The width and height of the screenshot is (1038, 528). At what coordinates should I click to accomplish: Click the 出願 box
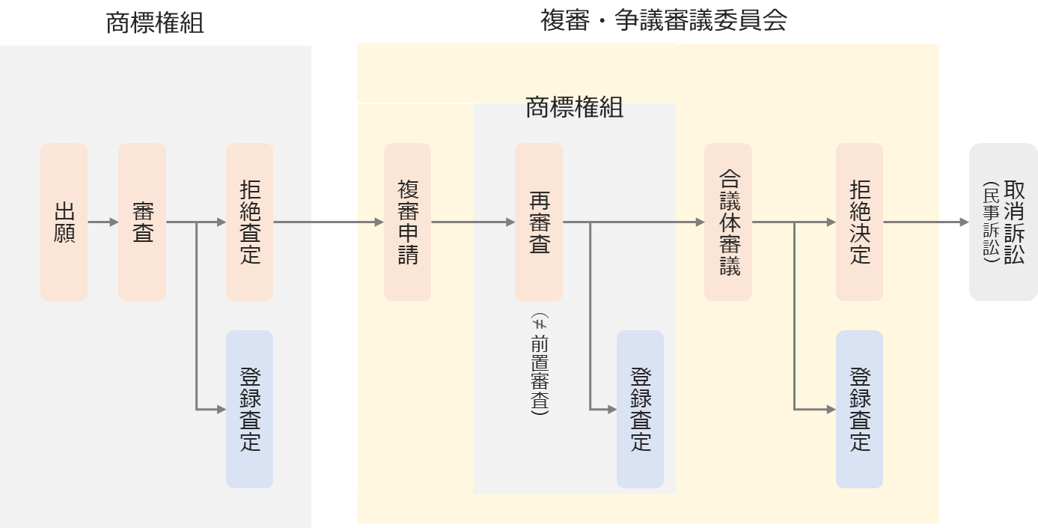pyautogui.click(x=64, y=222)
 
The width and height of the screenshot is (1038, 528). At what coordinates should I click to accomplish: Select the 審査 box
pyautogui.click(x=142, y=222)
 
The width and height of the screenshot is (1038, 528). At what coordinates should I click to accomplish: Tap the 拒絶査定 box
pyautogui.click(x=250, y=222)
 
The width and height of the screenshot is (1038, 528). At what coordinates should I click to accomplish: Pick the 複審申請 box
pyautogui.click(x=407, y=222)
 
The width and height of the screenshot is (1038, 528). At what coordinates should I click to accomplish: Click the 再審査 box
pyautogui.click(x=539, y=222)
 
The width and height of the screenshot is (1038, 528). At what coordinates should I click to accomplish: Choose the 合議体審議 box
pyautogui.click(x=728, y=222)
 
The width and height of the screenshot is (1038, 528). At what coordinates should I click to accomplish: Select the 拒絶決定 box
pyautogui.click(x=860, y=222)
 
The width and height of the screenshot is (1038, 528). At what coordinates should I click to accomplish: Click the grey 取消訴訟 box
pyautogui.click(x=1004, y=222)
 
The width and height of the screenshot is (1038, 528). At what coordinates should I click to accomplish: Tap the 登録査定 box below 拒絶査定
pyautogui.click(x=250, y=410)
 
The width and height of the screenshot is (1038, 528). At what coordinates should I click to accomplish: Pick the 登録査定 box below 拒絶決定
pyautogui.click(x=860, y=410)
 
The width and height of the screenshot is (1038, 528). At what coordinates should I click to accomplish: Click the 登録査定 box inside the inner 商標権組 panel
pyautogui.click(x=640, y=410)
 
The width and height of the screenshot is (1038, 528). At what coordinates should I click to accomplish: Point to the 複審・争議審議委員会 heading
pyautogui.click(x=664, y=21)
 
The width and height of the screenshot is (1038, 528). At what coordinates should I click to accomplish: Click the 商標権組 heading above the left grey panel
pyautogui.click(x=155, y=23)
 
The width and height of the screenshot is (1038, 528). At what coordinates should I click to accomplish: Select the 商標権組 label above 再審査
pyautogui.click(x=574, y=108)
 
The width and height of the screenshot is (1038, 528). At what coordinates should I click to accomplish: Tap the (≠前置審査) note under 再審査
pyautogui.click(x=540, y=364)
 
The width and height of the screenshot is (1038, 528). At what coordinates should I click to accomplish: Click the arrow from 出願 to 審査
pyautogui.click(x=103, y=222)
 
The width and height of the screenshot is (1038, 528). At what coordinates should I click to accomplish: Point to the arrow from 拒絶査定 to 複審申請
pyautogui.click(x=329, y=222)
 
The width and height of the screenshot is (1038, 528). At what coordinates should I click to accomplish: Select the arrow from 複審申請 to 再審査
pyautogui.click(x=473, y=222)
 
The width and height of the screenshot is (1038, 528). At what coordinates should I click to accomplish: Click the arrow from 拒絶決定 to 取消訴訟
pyautogui.click(x=926, y=222)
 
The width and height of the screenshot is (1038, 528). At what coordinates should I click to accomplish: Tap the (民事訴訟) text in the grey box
pyautogui.click(x=991, y=222)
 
